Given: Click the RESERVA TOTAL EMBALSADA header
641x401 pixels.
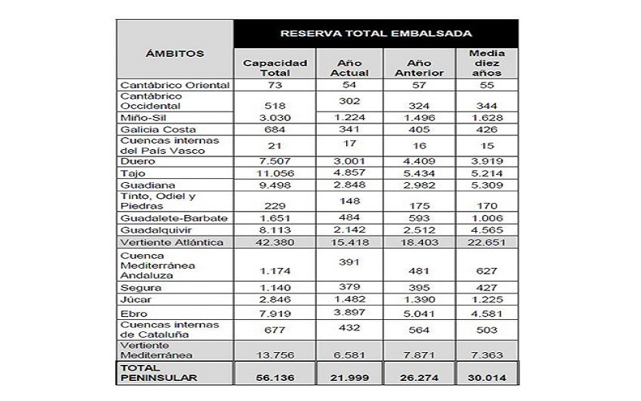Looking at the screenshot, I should point(375,33).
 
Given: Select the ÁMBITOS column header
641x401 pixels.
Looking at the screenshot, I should point(174,54).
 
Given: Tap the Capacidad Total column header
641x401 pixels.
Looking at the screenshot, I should point(275,67).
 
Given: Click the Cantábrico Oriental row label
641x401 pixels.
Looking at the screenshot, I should point(163,84).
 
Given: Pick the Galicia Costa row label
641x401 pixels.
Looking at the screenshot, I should point(148,130).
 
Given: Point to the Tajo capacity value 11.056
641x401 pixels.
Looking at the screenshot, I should point(275,173).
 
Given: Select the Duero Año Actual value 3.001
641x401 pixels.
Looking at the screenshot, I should point(349,161).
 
